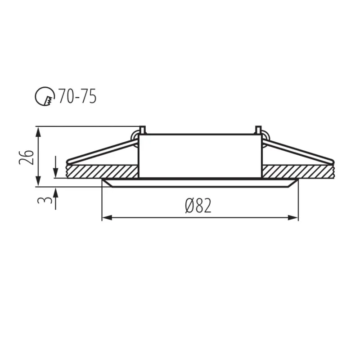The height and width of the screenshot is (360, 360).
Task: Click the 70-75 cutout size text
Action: click(x=76, y=96)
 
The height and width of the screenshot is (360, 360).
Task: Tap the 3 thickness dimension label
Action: click(x=44, y=198)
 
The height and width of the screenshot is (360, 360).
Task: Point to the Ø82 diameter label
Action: click(x=198, y=206)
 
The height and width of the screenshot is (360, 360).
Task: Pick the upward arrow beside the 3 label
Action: click(x=55, y=193)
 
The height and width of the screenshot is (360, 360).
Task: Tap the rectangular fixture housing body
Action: click(x=200, y=155)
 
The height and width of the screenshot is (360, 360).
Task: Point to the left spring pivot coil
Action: click(x=135, y=136)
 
